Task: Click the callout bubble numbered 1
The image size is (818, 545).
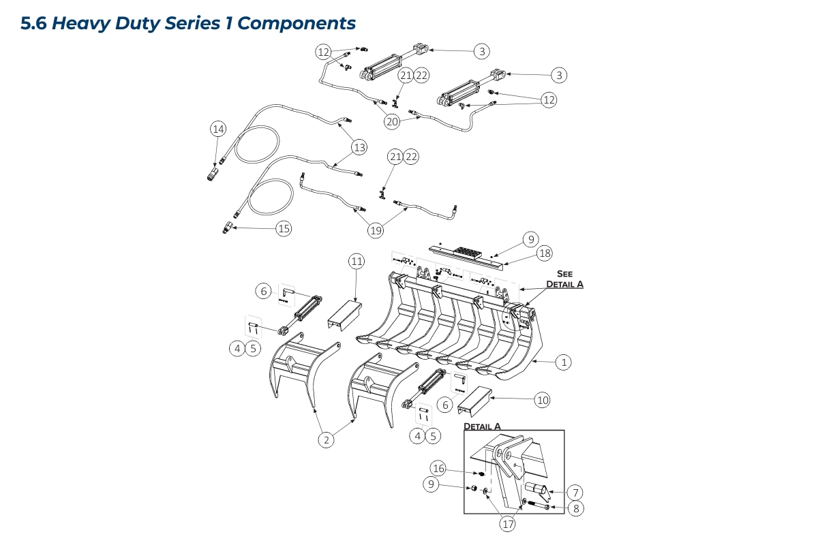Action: pyautogui.click(x=563, y=362)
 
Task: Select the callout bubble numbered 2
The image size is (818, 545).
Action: pyautogui.click(x=327, y=439)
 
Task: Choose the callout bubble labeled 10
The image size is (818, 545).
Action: pyautogui.click(x=542, y=400)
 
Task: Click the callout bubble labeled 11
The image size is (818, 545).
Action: pyautogui.click(x=357, y=261)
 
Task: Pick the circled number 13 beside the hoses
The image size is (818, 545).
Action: pyautogui.click(x=359, y=146)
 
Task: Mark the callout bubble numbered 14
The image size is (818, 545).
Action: pyautogui.click(x=217, y=129)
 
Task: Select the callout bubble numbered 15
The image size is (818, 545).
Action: pyautogui.click(x=284, y=228)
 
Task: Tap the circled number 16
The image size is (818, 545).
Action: pyautogui.click(x=438, y=468)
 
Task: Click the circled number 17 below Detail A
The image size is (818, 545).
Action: pyautogui.click(x=507, y=524)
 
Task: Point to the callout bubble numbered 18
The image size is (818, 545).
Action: pyautogui.click(x=544, y=253)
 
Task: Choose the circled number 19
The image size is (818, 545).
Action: pyautogui.click(x=376, y=230)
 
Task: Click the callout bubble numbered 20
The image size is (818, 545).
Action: pyautogui.click(x=391, y=122)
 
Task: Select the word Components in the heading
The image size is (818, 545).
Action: pyautogui.click(x=297, y=23)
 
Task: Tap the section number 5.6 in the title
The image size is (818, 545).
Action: pyautogui.click(x=33, y=24)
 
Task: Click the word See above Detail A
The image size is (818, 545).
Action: pyautogui.click(x=564, y=274)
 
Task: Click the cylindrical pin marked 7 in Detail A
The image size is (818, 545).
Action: pyautogui.click(x=536, y=488)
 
